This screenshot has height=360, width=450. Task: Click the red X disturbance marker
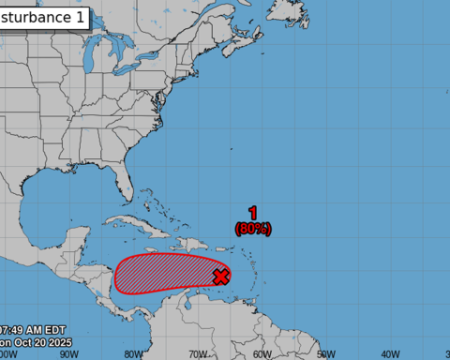click(221, 276)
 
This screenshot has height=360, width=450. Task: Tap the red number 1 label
click(253, 213)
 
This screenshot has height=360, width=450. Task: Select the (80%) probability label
click(253, 227)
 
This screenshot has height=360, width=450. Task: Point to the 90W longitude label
click(67, 354)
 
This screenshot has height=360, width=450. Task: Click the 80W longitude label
click(132, 354)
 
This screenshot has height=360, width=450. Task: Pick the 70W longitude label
click(197, 354)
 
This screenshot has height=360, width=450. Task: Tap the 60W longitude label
click(262, 354)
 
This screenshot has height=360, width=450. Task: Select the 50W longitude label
click(326, 354)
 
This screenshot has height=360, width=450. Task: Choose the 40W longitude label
click(391, 354)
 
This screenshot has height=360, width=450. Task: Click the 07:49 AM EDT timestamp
click(32, 330)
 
